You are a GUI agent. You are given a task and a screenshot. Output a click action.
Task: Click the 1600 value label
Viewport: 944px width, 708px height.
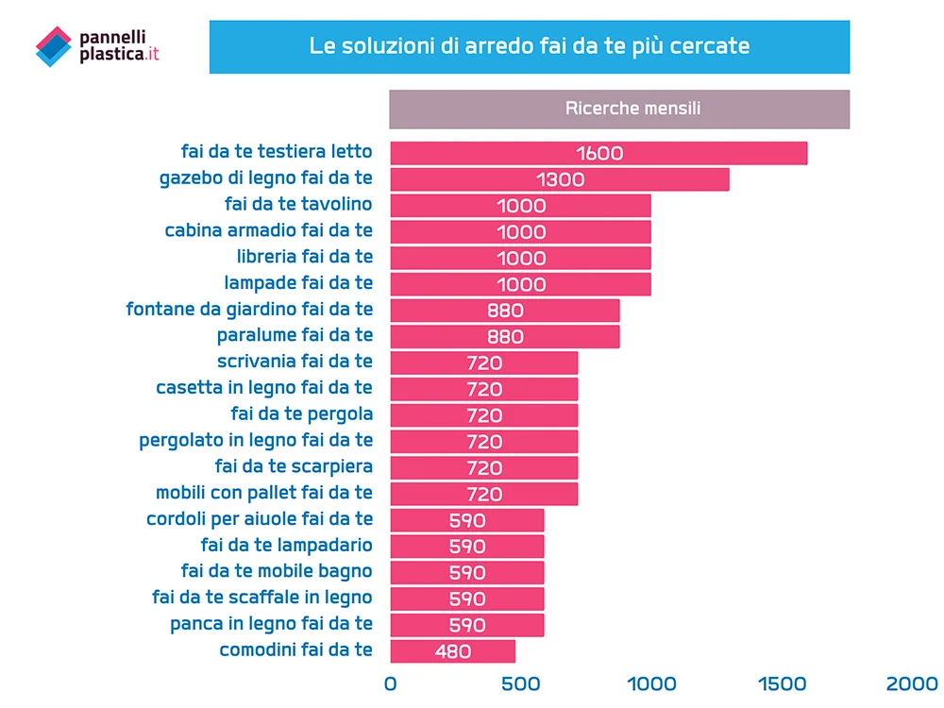[x=599, y=153]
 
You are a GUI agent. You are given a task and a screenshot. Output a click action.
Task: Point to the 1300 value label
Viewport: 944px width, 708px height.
[x=560, y=179]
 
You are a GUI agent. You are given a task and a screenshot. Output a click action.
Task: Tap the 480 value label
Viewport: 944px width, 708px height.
[x=453, y=651]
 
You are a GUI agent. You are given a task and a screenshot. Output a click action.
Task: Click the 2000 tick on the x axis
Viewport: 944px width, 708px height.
[x=912, y=683]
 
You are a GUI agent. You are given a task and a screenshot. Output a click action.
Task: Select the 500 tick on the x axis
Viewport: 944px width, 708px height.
[x=520, y=683]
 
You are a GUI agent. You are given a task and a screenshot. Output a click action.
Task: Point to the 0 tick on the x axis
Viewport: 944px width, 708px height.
[x=390, y=683]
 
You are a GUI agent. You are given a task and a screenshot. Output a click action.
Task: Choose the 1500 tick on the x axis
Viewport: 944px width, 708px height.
[x=782, y=683]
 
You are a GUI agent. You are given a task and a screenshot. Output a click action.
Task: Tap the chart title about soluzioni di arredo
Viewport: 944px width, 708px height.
[x=530, y=45]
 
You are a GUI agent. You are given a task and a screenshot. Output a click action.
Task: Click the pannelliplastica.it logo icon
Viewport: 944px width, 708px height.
[x=53, y=46]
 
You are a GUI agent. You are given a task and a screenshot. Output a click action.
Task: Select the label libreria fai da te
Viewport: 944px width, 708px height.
[x=305, y=257]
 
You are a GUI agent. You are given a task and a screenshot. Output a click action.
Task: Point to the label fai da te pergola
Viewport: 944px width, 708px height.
[x=301, y=413]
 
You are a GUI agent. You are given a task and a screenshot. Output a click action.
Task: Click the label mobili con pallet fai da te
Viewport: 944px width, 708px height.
[x=264, y=493]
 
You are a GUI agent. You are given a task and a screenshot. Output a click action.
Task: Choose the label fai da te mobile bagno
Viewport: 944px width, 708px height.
[x=277, y=571]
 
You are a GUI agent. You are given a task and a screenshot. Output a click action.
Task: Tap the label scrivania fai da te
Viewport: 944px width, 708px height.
[x=295, y=362]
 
